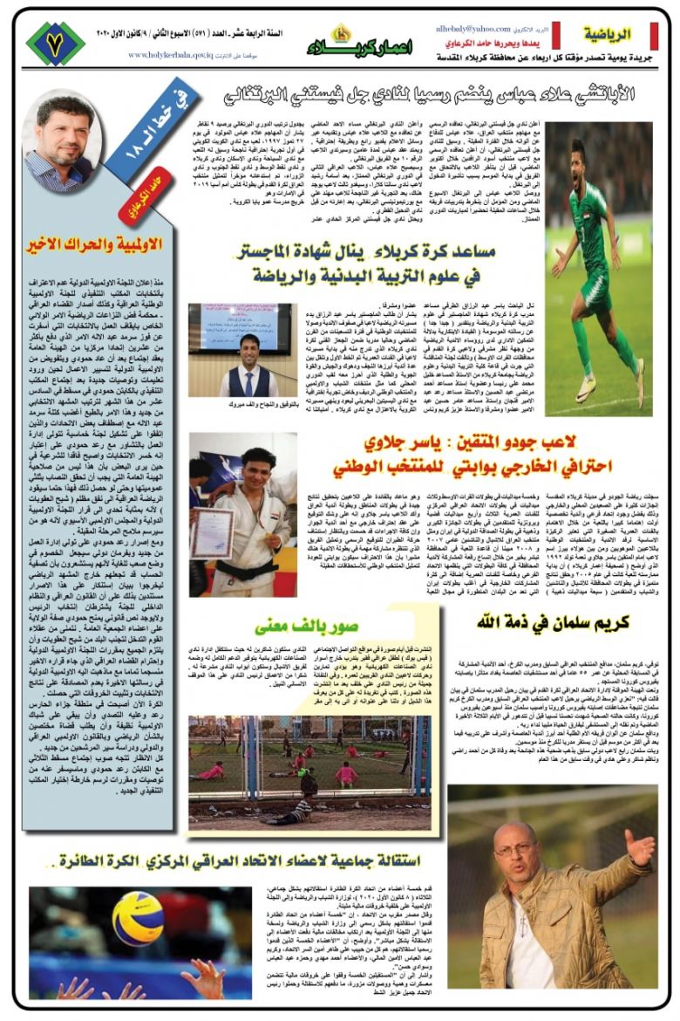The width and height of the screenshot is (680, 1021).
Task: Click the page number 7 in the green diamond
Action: point(54,43)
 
